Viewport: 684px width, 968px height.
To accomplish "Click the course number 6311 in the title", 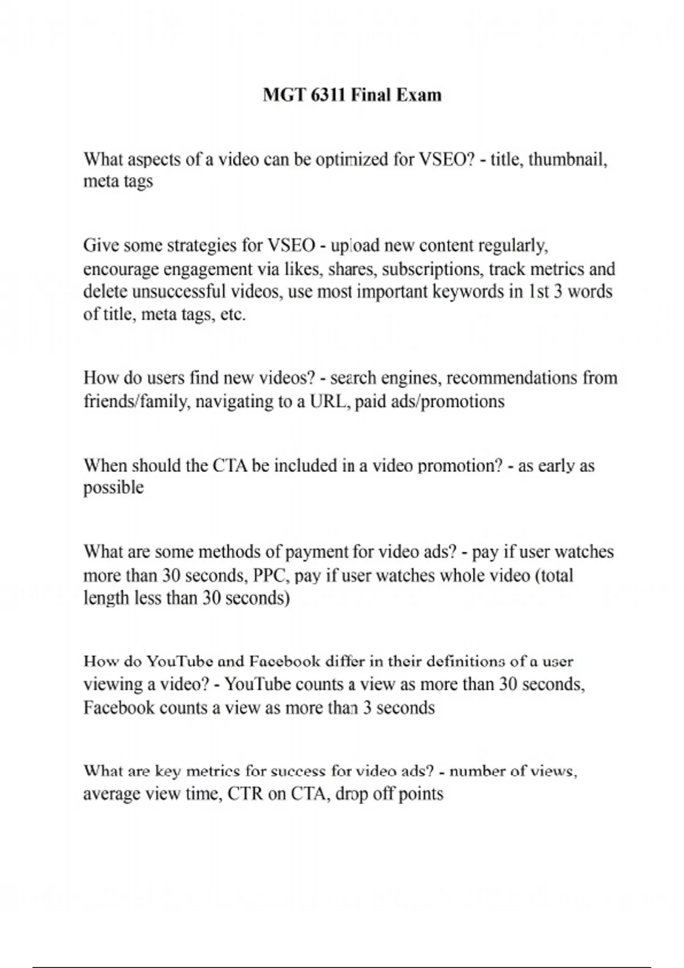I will coord(329,95).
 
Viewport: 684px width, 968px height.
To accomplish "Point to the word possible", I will coord(113,488).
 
